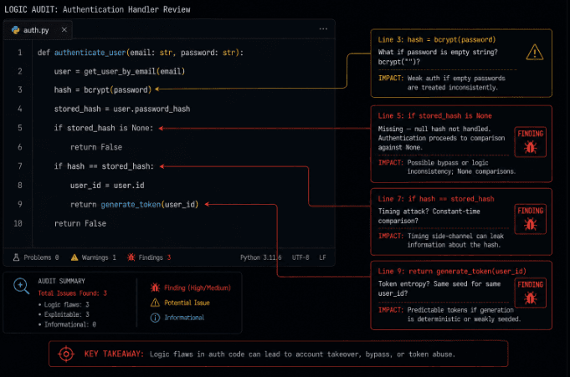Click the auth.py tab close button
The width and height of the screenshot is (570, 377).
(64, 30)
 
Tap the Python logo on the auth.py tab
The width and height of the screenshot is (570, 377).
(16, 30)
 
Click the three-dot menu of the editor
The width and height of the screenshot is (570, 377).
(323, 28)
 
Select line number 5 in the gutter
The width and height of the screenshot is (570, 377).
(20, 128)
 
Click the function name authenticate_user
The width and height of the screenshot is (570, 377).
(90, 53)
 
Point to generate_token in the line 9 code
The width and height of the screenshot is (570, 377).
(131, 205)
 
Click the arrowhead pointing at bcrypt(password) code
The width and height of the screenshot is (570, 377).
(157, 89)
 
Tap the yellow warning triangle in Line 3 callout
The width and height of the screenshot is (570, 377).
(535, 52)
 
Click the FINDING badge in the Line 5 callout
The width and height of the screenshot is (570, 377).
(531, 142)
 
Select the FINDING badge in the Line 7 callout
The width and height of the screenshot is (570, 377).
(531, 219)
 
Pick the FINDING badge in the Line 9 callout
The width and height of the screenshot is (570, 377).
(531, 293)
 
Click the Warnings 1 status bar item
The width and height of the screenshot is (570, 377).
(94, 257)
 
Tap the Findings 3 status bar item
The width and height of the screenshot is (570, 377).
(149, 257)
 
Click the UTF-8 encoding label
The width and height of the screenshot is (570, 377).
(300, 257)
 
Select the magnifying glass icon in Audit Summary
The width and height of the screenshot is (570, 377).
(21, 286)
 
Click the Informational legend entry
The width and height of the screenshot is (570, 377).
(177, 318)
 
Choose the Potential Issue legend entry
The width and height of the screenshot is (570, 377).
(180, 303)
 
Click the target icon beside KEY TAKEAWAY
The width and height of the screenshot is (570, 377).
(66, 354)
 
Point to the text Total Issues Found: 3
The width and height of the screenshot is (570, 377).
(72, 293)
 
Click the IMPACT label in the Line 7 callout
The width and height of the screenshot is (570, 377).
(391, 236)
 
